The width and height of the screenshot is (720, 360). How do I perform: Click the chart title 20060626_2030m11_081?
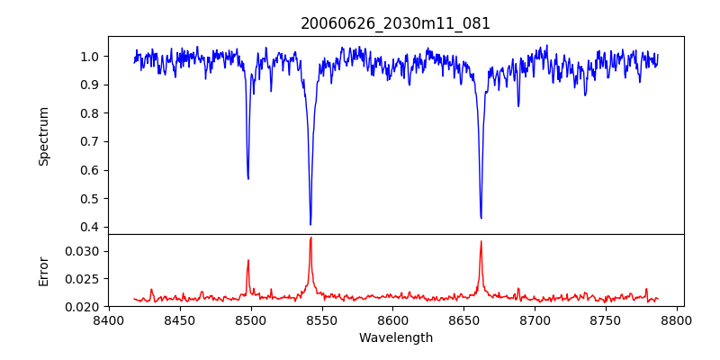tap(396, 23)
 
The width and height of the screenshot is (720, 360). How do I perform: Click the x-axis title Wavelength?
tap(396, 338)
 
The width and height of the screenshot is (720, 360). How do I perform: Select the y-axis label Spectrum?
tap(44, 136)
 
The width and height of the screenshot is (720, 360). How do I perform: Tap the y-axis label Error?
tap(44, 270)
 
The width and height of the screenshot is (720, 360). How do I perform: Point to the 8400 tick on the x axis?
tap(108, 319)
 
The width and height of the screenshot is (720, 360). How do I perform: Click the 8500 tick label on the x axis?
tap(250, 319)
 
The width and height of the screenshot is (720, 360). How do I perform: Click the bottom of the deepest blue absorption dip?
tap(310, 224)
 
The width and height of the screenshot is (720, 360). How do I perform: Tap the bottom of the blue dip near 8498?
tap(248, 178)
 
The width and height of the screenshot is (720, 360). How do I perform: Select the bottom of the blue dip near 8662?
tap(481, 218)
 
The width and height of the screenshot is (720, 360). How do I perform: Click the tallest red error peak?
tap(310, 238)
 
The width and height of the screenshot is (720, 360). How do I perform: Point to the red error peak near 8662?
tap(481, 241)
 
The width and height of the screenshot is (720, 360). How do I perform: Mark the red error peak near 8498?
tap(248, 260)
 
